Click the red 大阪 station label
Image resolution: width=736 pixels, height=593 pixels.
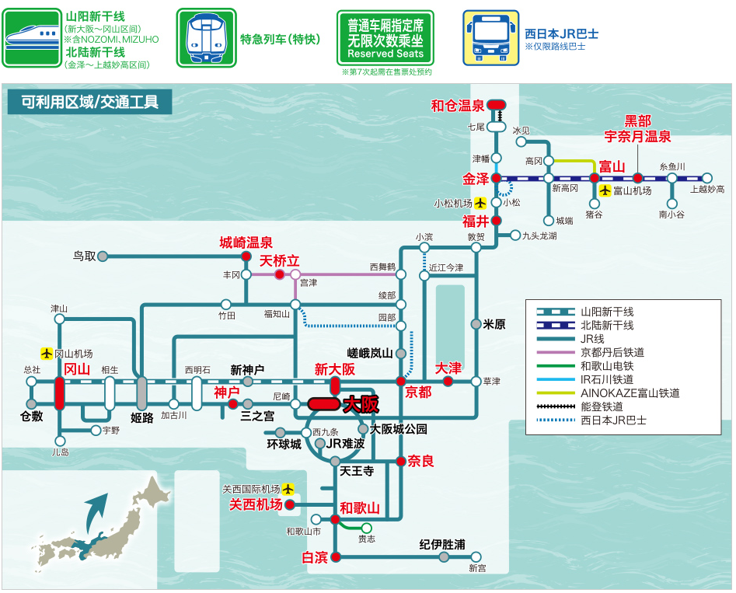point(361,403)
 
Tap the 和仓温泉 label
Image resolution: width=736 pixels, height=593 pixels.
point(458,106)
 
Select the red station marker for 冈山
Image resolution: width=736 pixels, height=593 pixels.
point(59,392)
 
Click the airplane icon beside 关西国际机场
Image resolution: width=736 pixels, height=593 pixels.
point(289,489)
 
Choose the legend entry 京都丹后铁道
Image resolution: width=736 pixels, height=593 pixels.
point(612,352)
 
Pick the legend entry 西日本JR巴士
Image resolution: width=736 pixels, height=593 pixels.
point(612,420)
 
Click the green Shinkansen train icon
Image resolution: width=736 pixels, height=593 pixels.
point(30,38)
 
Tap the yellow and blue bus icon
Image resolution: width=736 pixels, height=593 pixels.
point(491,37)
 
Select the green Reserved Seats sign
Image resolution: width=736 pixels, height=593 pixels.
point(385,37)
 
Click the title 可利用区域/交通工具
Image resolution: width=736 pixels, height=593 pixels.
point(89,101)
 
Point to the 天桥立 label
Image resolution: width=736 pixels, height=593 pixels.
point(279,260)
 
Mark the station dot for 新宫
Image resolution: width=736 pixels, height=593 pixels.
point(476,556)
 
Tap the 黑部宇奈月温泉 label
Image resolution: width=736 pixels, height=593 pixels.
point(637,128)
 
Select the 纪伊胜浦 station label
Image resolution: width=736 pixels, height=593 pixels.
point(441,545)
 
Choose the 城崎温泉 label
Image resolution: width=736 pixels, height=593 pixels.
point(246,242)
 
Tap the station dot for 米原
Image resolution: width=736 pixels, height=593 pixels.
point(476,324)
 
